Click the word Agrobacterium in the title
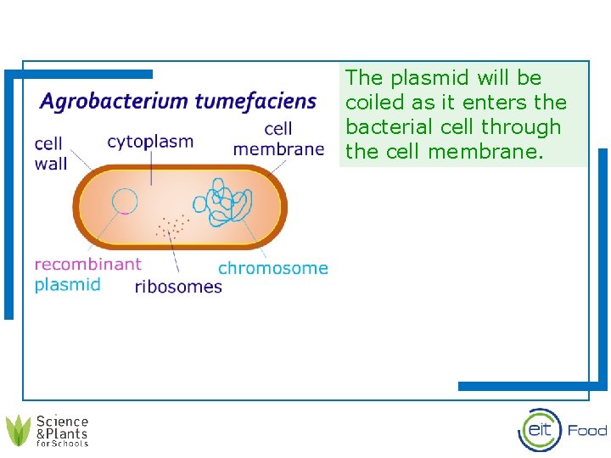(x=115, y=103)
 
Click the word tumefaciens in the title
(x=255, y=103)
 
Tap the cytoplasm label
(x=150, y=142)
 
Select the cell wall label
(x=51, y=154)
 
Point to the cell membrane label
(x=278, y=139)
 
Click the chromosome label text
(x=272, y=268)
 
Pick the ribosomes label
(x=178, y=287)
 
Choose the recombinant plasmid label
(x=87, y=274)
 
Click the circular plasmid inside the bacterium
(x=125, y=202)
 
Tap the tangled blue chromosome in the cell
(x=222, y=203)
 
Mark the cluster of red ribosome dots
(x=171, y=225)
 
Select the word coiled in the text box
(x=370, y=103)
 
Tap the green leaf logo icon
(x=19, y=430)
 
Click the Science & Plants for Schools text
(x=62, y=431)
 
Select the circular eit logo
(x=540, y=430)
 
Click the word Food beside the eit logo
(x=587, y=431)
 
